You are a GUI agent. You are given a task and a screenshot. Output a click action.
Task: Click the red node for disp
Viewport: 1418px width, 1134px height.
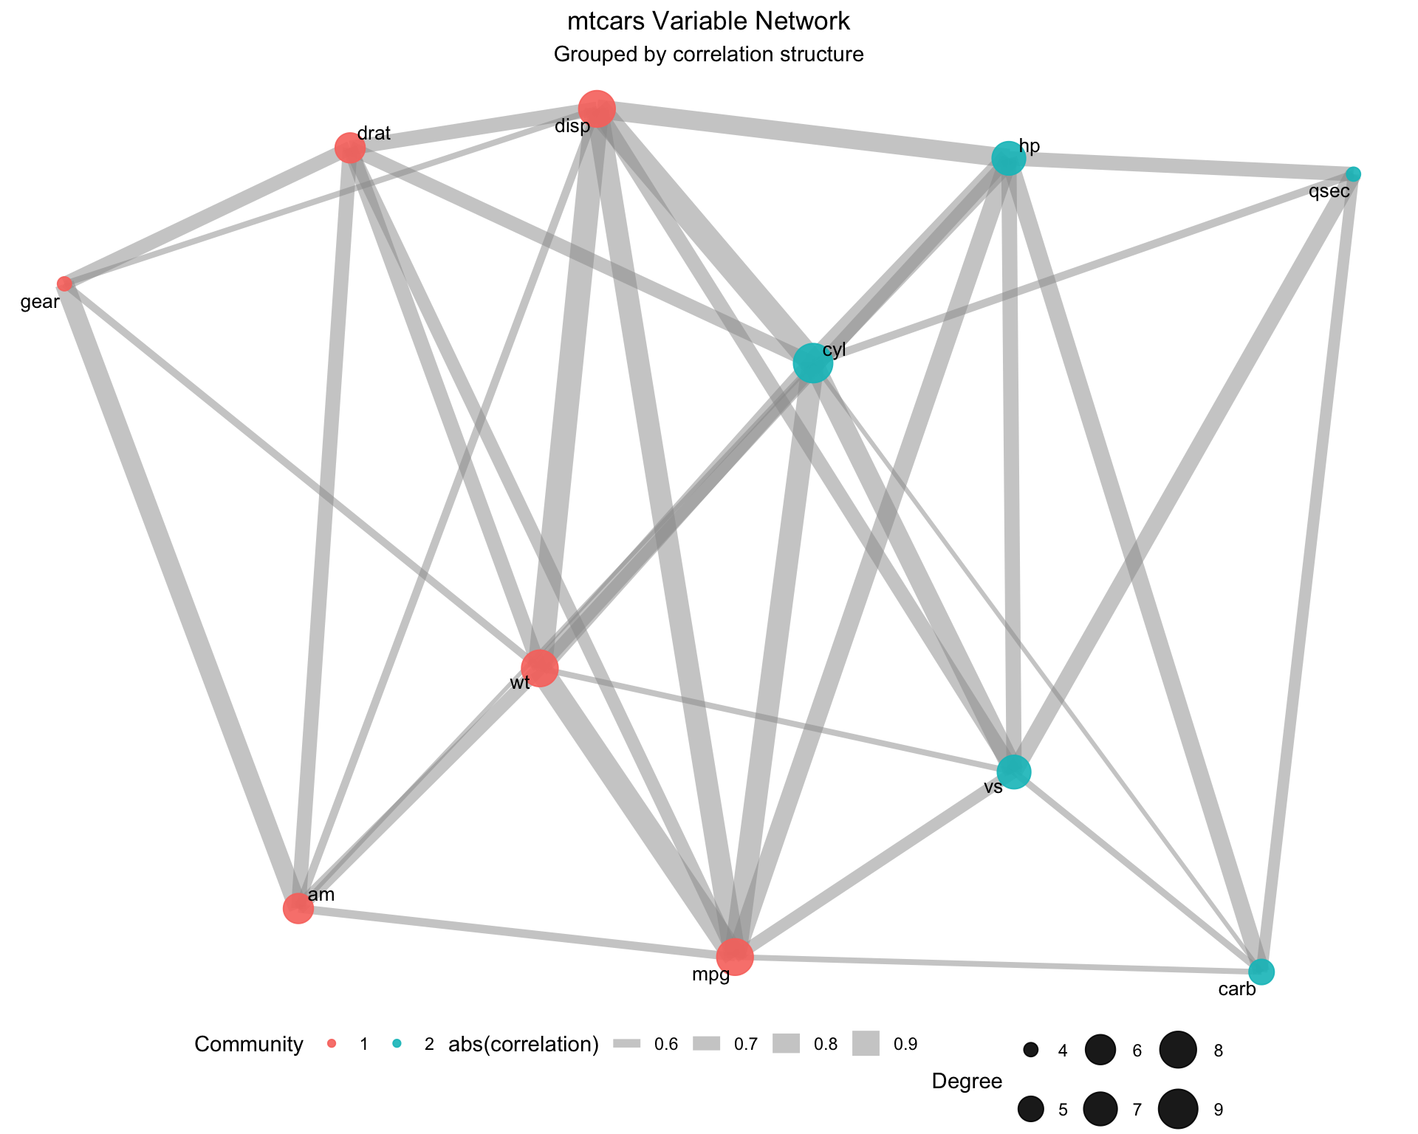click(597, 109)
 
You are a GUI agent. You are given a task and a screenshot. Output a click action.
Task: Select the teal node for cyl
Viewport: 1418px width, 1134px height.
click(812, 363)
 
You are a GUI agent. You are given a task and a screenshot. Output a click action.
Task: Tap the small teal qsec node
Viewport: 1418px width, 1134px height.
click(1353, 174)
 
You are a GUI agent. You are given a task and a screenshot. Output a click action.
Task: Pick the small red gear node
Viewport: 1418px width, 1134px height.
click(65, 283)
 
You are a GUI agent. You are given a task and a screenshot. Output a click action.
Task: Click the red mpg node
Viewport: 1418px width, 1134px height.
click(735, 958)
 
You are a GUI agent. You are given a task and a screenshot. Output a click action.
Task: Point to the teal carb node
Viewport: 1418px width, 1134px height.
click(1261, 972)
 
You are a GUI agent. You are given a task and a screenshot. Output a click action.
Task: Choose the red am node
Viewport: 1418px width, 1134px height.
click(298, 908)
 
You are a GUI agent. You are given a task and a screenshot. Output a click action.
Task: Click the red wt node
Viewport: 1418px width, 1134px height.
click(540, 668)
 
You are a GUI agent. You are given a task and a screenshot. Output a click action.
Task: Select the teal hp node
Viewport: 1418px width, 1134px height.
click(1008, 158)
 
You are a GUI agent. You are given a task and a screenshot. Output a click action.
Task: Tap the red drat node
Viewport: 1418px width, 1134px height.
click(350, 148)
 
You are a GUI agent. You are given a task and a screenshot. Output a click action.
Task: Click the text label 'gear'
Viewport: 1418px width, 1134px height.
click(40, 302)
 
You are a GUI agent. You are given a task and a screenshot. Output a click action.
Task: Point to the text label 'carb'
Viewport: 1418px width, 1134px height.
click(1237, 990)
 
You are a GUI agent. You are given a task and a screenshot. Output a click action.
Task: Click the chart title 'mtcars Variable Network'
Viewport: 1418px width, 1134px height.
click(708, 21)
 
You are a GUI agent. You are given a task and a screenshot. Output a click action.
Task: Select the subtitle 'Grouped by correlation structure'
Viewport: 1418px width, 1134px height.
click(708, 55)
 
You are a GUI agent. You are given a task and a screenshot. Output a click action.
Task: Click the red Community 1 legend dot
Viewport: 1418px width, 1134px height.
click(332, 1044)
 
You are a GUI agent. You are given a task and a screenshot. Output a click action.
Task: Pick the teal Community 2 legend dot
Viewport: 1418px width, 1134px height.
click(397, 1044)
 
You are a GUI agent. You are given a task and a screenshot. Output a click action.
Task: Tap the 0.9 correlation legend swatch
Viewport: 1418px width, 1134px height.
click(866, 1044)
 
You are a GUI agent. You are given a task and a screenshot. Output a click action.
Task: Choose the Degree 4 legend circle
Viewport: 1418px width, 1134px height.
click(1031, 1050)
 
